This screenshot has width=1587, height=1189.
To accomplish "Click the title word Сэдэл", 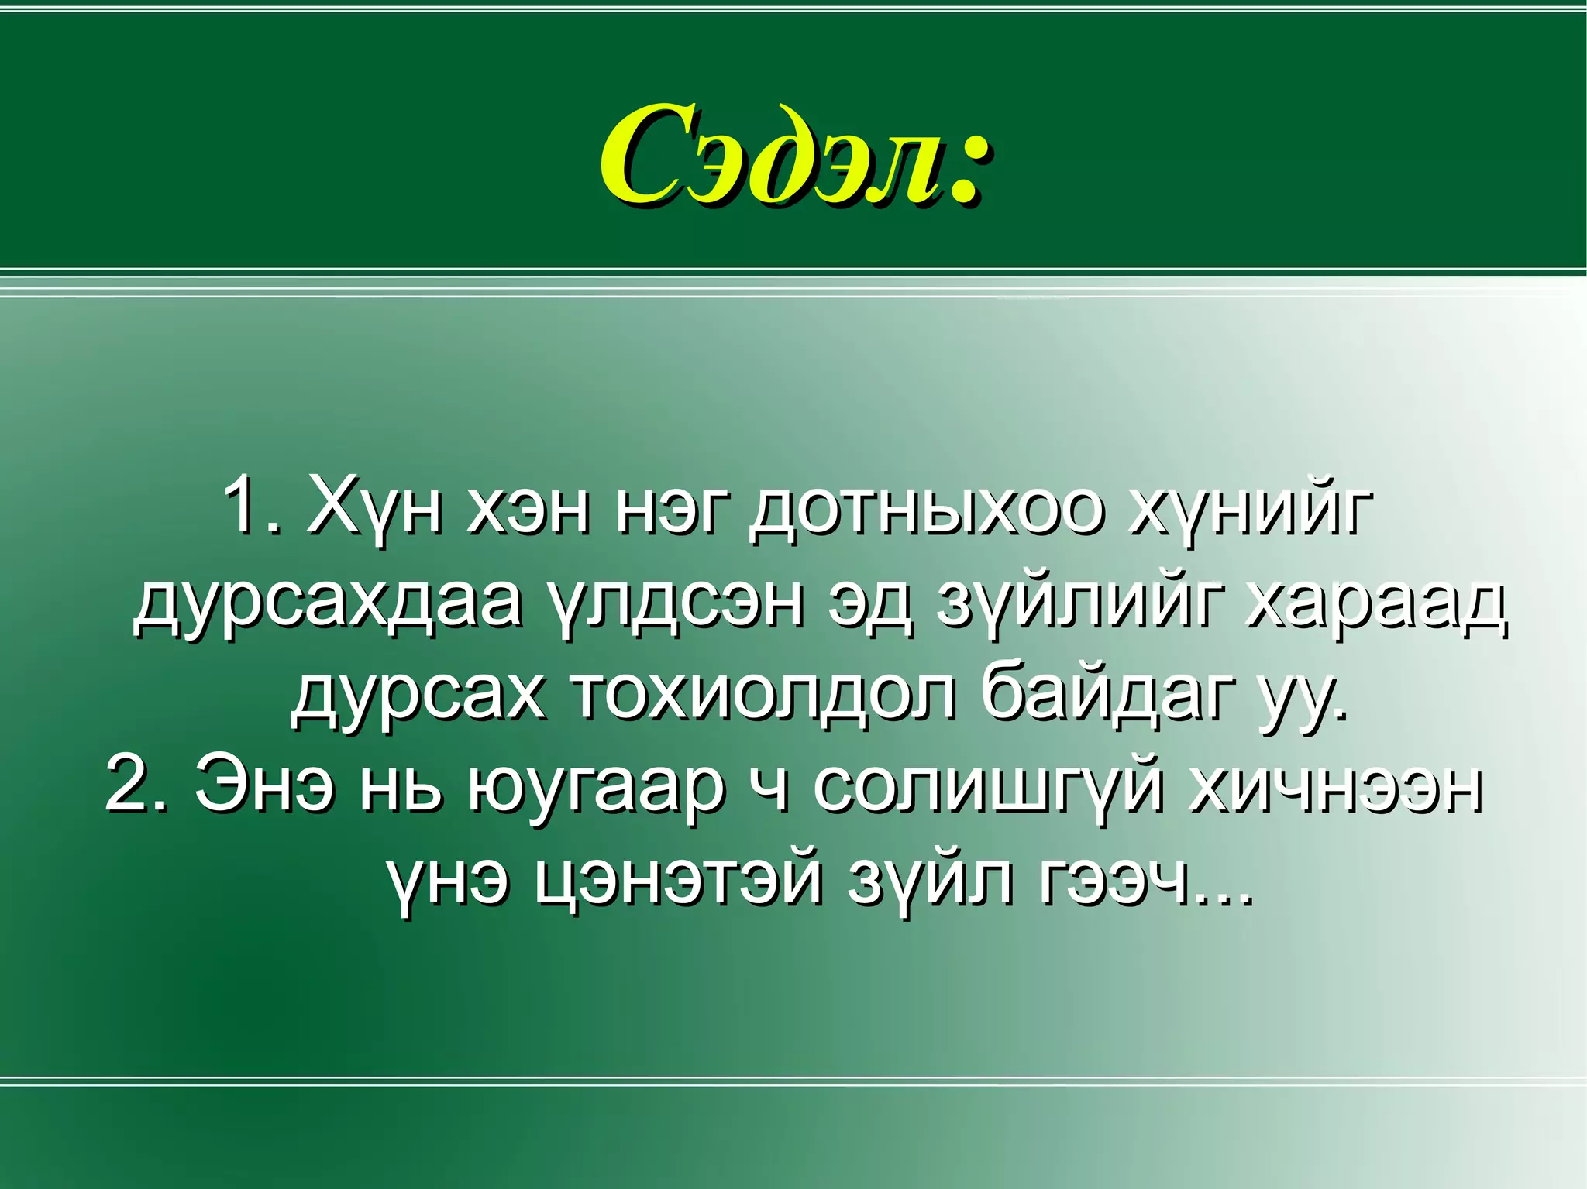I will point(771,155).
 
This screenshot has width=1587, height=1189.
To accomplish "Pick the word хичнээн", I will point(1334,785).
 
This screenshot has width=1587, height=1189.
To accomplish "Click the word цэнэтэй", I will point(677,881).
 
